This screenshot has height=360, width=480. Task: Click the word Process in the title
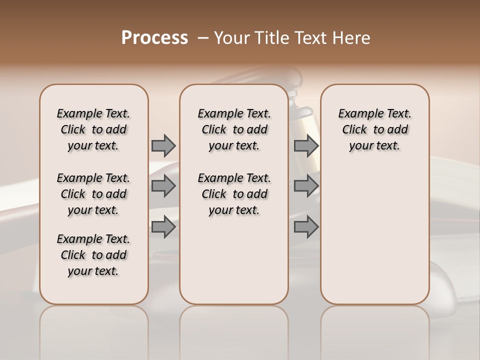pyautogui.click(x=154, y=38)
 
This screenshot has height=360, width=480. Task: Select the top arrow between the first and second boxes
pyautogui.click(x=163, y=145)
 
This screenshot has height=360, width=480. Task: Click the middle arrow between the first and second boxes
pyautogui.click(x=163, y=186)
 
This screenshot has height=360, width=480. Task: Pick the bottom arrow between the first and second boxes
pyautogui.click(x=163, y=227)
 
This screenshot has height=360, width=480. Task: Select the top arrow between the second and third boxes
pyautogui.click(x=306, y=145)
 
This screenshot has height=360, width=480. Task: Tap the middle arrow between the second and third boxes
pyautogui.click(x=306, y=186)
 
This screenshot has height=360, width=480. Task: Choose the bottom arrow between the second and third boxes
pyautogui.click(x=306, y=227)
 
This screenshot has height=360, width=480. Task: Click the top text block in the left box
pyautogui.click(x=93, y=129)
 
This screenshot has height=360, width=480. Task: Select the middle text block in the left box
pyautogui.click(x=93, y=194)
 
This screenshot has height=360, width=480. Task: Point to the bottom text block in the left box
pyautogui.click(x=93, y=255)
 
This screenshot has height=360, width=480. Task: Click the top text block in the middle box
pyautogui.click(x=234, y=129)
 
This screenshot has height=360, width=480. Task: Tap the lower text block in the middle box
pyautogui.click(x=234, y=194)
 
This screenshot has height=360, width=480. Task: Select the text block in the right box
pyautogui.click(x=374, y=129)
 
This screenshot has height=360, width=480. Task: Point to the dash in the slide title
pyautogui.click(x=203, y=38)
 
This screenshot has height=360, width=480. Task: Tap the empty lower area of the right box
pyautogui.click(x=374, y=235)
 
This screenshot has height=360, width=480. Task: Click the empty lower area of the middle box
pyautogui.click(x=234, y=260)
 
